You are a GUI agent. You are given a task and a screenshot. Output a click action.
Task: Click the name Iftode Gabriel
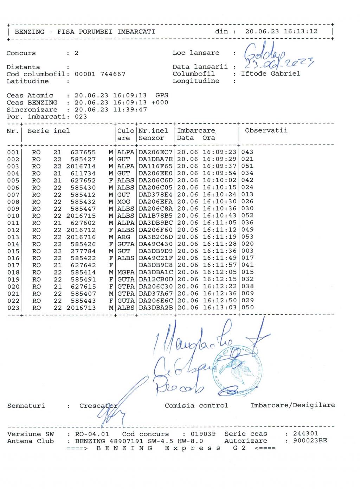(x=270, y=74)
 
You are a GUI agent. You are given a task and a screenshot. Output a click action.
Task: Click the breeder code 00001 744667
(x=100, y=74)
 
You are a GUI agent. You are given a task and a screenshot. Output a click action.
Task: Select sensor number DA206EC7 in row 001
(x=155, y=152)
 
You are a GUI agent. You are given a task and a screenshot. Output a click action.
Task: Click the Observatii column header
(x=266, y=130)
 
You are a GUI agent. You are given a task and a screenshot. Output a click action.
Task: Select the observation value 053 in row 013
(x=247, y=237)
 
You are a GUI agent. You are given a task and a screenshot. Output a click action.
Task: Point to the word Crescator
(x=98, y=406)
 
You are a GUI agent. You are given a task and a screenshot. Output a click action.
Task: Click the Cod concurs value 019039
(x=203, y=434)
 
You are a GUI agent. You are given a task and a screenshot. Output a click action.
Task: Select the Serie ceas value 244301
(x=306, y=434)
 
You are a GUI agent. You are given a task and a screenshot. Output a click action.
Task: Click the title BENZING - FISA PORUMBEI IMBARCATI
(x=85, y=32)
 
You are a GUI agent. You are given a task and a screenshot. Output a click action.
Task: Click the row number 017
(x=13, y=265)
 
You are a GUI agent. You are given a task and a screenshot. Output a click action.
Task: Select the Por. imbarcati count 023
(x=81, y=117)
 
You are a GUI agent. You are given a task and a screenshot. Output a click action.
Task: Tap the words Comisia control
(x=196, y=406)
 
